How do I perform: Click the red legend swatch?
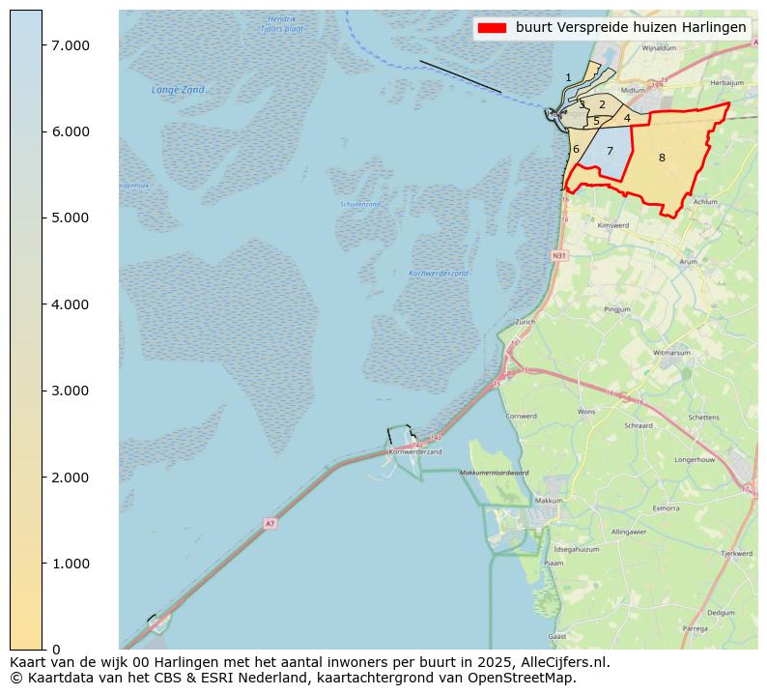(x=492, y=28)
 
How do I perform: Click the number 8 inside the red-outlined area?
(x=662, y=158)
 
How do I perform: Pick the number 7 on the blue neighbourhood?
(x=610, y=151)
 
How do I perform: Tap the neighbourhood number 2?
(x=602, y=104)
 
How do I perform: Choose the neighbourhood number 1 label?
(x=568, y=77)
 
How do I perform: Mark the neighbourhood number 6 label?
(x=576, y=149)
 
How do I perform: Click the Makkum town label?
(x=549, y=501)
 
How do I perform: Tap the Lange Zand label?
(x=179, y=90)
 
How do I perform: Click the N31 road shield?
(x=559, y=255)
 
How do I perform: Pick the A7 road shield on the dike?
(x=270, y=524)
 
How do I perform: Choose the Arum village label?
(x=688, y=261)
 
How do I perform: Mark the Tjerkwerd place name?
(x=737, y=554)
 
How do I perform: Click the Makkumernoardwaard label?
(x=494, y=473)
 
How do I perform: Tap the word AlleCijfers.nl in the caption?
(x=562, y=662)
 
